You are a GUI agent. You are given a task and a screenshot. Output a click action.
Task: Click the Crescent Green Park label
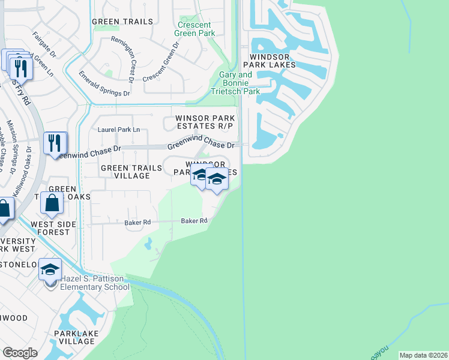tap(194, 29)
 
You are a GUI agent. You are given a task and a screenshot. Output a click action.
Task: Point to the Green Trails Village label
tap(125, 172)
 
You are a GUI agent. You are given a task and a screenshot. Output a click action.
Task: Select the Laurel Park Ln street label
tap(118, 129)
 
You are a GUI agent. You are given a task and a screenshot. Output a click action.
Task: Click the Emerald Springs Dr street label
tap(104, 85)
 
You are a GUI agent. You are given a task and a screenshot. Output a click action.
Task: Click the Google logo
tap(20, 353)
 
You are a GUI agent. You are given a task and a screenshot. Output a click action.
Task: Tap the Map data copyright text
tap(423, 355)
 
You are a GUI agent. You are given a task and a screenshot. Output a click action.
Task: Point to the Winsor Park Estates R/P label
tap(205, 122)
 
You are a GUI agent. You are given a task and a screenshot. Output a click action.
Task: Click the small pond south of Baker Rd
tap(148, 243)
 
